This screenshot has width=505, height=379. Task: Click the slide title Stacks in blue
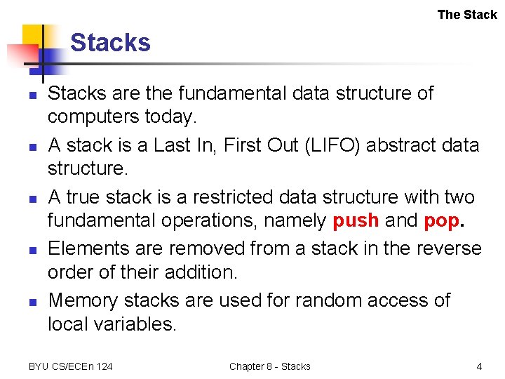[110, 43]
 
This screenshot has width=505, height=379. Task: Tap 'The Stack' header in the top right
[466, 14]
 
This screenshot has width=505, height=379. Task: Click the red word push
[356, 220]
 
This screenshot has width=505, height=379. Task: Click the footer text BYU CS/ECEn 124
[70, 366]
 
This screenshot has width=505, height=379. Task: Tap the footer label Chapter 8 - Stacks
[269, 366]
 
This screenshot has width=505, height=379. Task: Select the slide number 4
[479, 366]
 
